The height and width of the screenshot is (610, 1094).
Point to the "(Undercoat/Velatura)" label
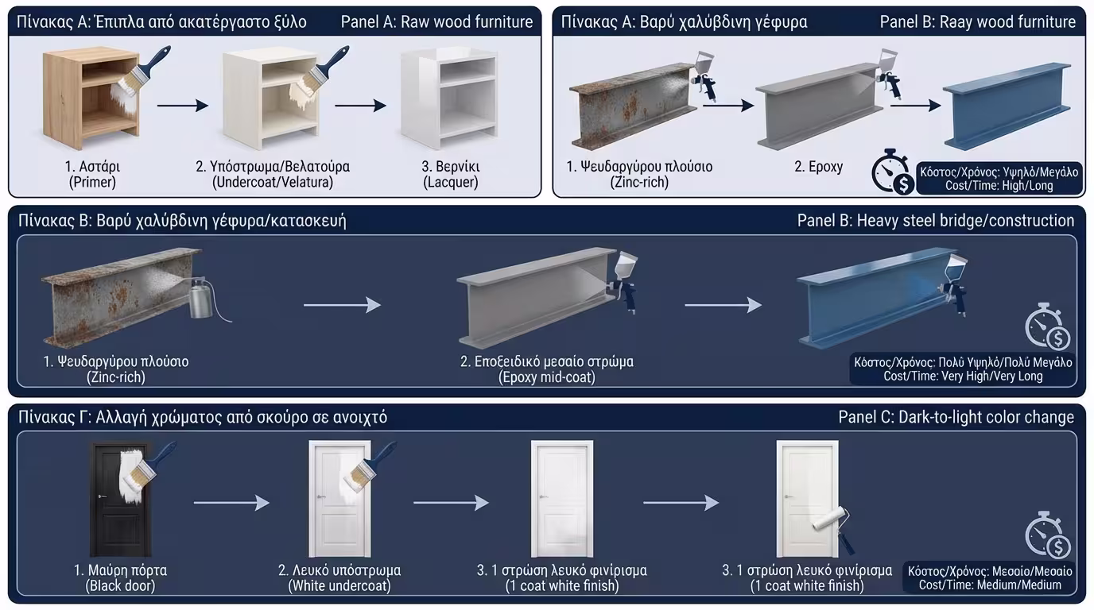(273, 182)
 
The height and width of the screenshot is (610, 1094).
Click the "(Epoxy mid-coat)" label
(546, 377)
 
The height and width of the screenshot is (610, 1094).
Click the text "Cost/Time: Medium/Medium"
(990, 585)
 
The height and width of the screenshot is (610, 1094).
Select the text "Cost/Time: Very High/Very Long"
(963, 376)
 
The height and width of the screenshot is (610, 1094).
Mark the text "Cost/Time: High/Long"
(997, 185)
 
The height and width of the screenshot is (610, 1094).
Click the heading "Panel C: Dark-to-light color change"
(956, 417)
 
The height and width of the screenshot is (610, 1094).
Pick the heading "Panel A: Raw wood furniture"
(436, 21)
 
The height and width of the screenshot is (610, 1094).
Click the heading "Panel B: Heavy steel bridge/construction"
(935, 220)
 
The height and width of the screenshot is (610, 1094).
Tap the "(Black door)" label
(120, 586)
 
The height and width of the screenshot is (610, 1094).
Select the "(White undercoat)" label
(339, 586)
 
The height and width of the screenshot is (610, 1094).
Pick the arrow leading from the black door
(231, 502)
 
